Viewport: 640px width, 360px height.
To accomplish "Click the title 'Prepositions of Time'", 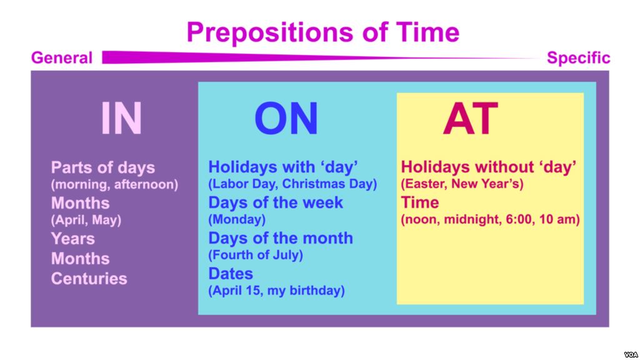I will (x=322, y=31).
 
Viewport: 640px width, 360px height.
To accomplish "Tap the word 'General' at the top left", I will (x=62, y=58).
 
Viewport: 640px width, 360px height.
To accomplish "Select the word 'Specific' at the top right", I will (x=578, y=58).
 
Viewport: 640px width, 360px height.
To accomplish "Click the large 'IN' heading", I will (x=121, y=119).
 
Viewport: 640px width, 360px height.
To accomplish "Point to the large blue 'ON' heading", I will (x=286, y=119).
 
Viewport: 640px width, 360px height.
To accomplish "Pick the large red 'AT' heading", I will (x=470, y=119).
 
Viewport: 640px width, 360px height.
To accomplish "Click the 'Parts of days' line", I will (x=103, y=167).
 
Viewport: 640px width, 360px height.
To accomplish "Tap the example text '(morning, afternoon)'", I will (x=114, y=184).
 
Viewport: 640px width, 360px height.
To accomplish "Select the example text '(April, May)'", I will (x=86, y=220).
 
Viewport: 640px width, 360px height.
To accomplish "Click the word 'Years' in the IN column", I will (x=73, y=238).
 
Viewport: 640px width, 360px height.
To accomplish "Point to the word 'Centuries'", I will (x=89, y=278).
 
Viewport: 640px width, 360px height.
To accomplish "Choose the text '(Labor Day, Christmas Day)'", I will (x=292, y=184).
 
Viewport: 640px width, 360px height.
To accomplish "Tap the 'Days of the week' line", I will (x=276, y=202).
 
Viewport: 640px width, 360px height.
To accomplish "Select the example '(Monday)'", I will (x=237, y=220).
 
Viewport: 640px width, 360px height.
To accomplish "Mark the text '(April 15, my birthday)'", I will (x=276, y=291).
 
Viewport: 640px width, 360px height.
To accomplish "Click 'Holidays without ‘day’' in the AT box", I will (x=488, y=167).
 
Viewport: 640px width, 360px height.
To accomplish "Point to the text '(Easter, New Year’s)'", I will (x=462, y=184).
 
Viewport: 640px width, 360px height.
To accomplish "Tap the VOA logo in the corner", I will (x=629, y=353).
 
